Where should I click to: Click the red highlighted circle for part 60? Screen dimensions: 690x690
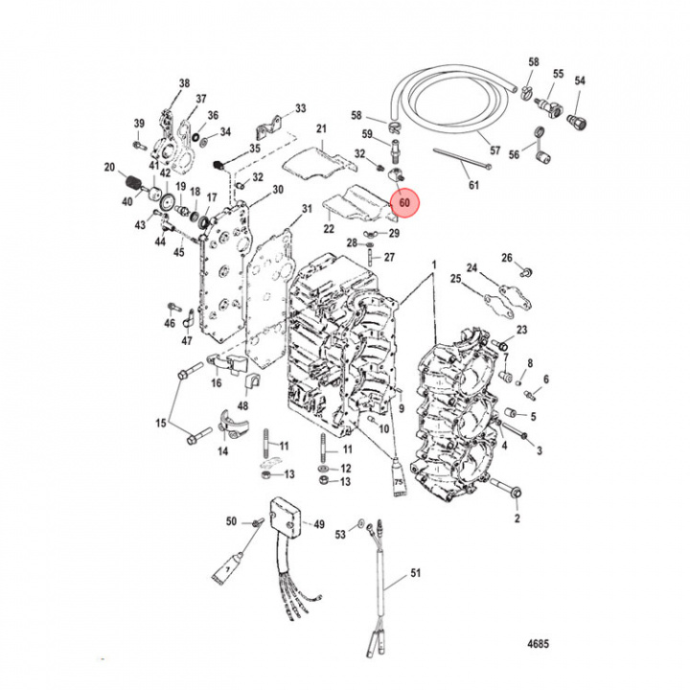404,203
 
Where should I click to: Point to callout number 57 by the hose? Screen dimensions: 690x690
495,150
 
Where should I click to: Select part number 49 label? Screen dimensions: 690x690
319,524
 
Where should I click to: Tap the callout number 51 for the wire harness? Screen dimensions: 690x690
415,573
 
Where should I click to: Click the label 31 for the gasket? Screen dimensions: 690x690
307,209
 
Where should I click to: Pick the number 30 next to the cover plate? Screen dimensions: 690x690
278,190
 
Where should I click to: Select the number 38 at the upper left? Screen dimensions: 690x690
184,82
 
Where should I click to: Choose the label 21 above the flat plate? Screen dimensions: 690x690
322,128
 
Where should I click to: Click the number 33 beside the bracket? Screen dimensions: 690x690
300,108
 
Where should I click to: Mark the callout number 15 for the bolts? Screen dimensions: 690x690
160,424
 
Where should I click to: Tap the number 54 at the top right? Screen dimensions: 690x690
579,81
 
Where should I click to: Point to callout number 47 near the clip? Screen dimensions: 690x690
187,341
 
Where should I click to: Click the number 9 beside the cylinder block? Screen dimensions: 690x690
402,409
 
